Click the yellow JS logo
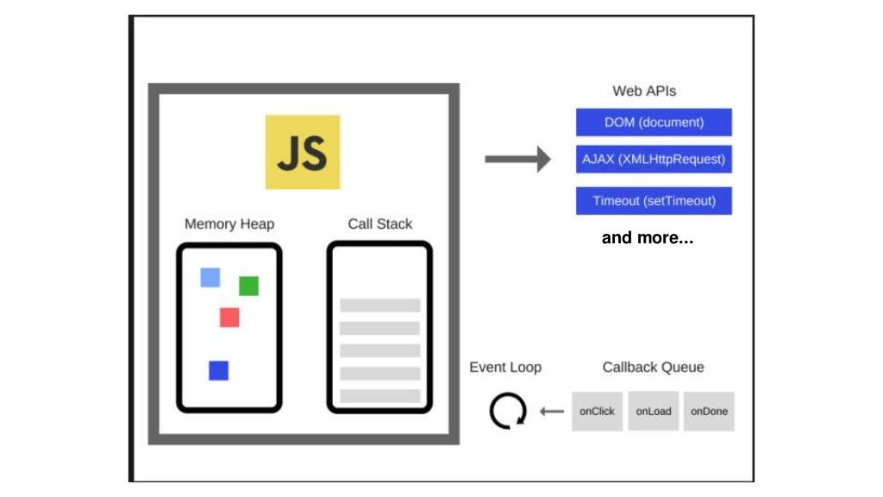pos(302,152)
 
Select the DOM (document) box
pos(654,123)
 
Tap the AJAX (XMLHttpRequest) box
pos(654,160)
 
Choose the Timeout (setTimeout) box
pos(654,201)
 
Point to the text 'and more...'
pos(647,238)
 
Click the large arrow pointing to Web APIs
pos(517,159)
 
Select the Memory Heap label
pos(229,224)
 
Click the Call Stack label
pos(379,224)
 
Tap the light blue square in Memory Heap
pos(210,277)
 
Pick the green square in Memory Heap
pos(248,286)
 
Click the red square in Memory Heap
pos(229,318)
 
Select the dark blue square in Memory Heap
pos(219,370)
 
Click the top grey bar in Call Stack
pos(379,305)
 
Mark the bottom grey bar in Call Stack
pos(379,396)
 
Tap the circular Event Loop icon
pos(507,412)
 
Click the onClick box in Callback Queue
pos(597,412)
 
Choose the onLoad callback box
pos(654,412)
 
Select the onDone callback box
pos(709,412)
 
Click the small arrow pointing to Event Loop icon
pos(551,412)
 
